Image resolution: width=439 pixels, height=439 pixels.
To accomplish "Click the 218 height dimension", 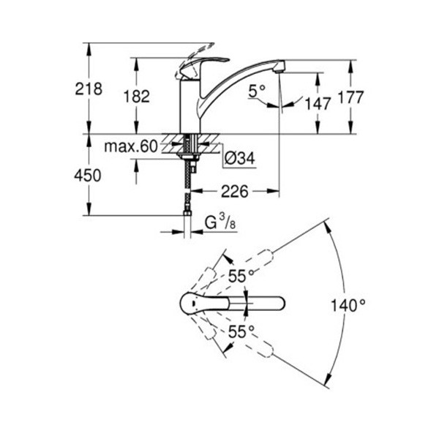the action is (89, 89).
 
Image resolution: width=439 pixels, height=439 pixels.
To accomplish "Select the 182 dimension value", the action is (137, 97).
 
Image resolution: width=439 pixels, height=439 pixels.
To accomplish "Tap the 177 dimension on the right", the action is (350, 97).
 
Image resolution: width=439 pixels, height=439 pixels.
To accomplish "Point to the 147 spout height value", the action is (318, 104).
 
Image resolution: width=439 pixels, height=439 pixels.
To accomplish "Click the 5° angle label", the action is (257, 91).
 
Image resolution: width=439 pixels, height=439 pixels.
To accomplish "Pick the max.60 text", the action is (131, 146).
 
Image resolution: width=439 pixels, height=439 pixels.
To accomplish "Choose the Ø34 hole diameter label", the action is (240, 159).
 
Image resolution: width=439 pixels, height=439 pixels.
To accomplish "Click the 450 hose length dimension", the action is (88, 176).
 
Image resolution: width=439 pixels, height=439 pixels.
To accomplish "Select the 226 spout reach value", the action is (235, 192).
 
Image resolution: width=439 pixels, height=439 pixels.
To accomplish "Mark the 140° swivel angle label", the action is (348, 305).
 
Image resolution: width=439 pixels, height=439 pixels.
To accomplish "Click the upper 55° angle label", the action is (241, 277).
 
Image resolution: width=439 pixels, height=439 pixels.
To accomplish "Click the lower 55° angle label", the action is (241, 332).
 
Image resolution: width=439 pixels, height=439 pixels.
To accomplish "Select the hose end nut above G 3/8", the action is (187, 214).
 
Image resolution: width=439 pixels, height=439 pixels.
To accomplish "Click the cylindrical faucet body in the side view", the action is (190, 106).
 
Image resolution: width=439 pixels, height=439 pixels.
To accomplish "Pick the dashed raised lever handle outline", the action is (193, 59).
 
